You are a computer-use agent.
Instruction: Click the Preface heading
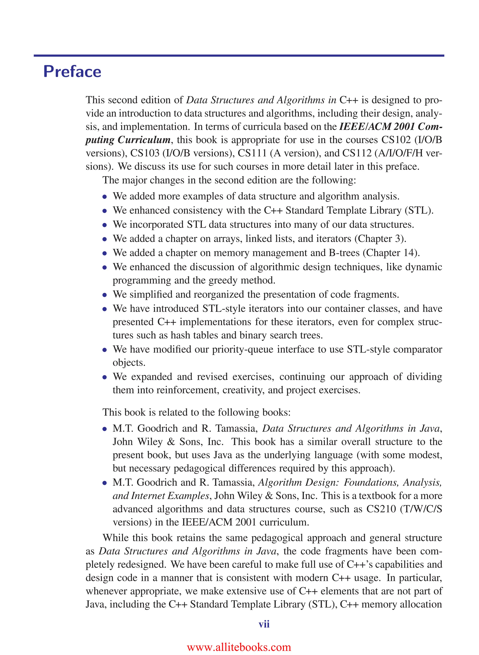pos(72,72)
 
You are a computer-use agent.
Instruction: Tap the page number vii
pos(264,624)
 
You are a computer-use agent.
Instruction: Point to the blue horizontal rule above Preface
pos(239,55)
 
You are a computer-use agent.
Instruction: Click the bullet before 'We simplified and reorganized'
pos(105,295)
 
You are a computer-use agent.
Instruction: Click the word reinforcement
pos(188,390)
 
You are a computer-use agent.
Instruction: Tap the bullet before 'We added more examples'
pos(105,197)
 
